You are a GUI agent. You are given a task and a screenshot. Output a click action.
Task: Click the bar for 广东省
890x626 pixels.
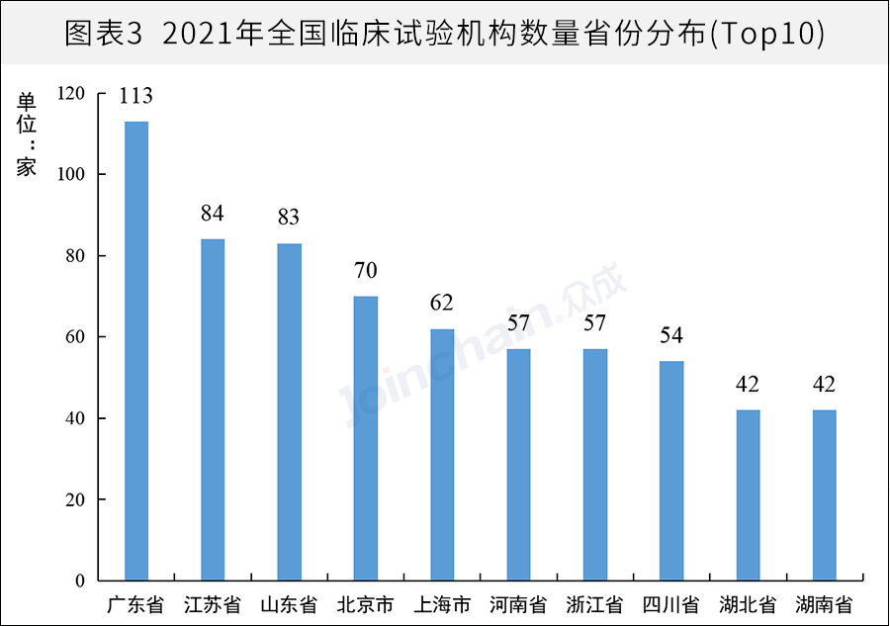(136, 350)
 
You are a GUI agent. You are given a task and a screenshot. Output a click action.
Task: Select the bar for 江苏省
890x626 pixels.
(213, 409)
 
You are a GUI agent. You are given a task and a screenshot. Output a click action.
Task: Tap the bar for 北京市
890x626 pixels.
(366, 438)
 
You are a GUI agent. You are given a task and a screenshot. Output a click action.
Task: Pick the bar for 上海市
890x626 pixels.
(442, 454)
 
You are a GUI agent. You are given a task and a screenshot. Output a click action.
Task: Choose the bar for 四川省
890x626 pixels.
(671, 471)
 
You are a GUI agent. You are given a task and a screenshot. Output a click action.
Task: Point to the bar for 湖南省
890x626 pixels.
(824, 494)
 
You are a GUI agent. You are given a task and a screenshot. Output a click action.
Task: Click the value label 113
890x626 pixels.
(135, 96)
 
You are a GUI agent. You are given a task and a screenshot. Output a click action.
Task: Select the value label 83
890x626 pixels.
(289, 218)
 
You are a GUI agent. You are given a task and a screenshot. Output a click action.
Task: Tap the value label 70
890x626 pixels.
(366, 271)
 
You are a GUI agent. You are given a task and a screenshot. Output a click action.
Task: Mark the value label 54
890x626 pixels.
(671, 336)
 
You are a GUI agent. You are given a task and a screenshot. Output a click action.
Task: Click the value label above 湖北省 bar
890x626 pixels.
(748, 385)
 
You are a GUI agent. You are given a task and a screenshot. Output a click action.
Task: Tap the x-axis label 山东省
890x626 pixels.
(289, 604)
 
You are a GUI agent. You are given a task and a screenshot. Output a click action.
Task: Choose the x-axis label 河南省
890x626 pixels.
(518, 604)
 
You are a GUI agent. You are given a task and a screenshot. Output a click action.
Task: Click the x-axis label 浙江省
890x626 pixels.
(594, 604)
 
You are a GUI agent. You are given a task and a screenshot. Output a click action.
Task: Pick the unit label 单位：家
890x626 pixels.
(26, 134)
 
